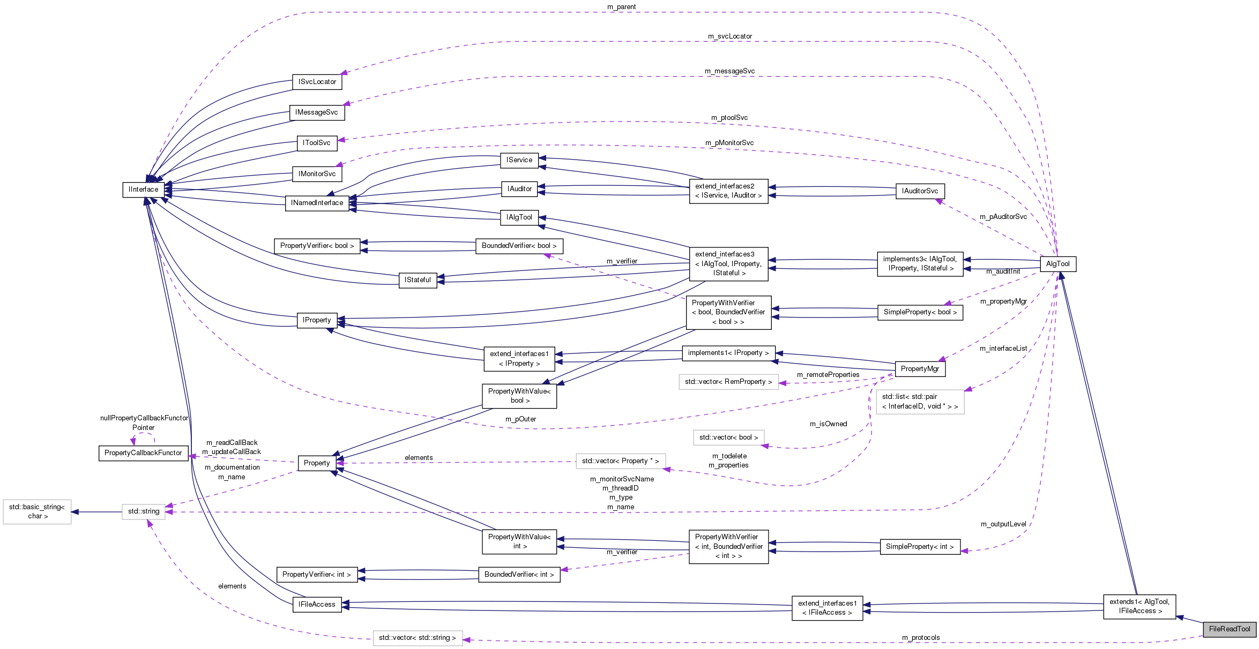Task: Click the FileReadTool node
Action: pyautogui.click(x=1229, y=629)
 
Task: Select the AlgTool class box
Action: pyautogui.click(x=1057, y=263)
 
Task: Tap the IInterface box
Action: pyautogui.click(x=143, y=189)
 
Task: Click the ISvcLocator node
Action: pyautogui.click(x=317, y=81)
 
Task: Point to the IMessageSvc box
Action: pyautogui.click(x=316, y=112)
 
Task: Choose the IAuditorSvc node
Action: pyautogui.click(x=920, y=191)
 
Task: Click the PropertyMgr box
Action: pyautogui.click(x=920, y=368)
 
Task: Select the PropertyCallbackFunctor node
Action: pyautogui.click(x=143, y=452)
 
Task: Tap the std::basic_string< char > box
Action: pyautogui.click(x=37, y=511)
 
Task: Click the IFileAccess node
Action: pyautogui.click(x=317, y=604)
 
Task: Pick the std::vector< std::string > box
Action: pyautogui.click(x=417, y=637)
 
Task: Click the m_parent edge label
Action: pyautogui.click(x=621, y=6)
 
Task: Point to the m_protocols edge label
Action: pyautogui.click(x=920, y=637)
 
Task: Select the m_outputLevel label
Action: pyautogui.click(x=1003, y=524)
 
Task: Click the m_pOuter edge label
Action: pyautogui.click(x=520, y=419)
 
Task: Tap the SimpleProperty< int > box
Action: pyautogui.click(x=920, y=546)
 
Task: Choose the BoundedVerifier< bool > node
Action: pyautogui.click(x=519, y=245)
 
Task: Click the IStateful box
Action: pyautogui.click(x=418, y=280)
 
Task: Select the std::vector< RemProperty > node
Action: pyautogui.click(x=728, y=381)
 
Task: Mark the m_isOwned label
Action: pyautogui.click(x=828, y=424)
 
